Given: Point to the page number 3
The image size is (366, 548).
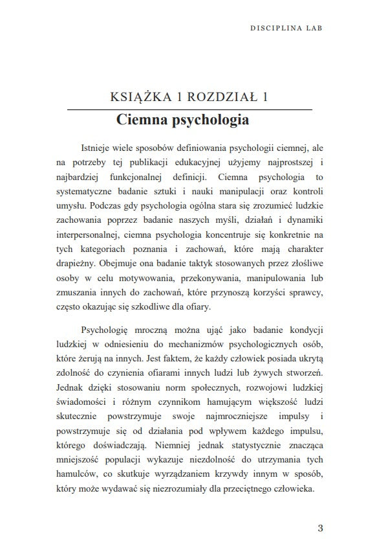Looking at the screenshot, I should tap(320, 527).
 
